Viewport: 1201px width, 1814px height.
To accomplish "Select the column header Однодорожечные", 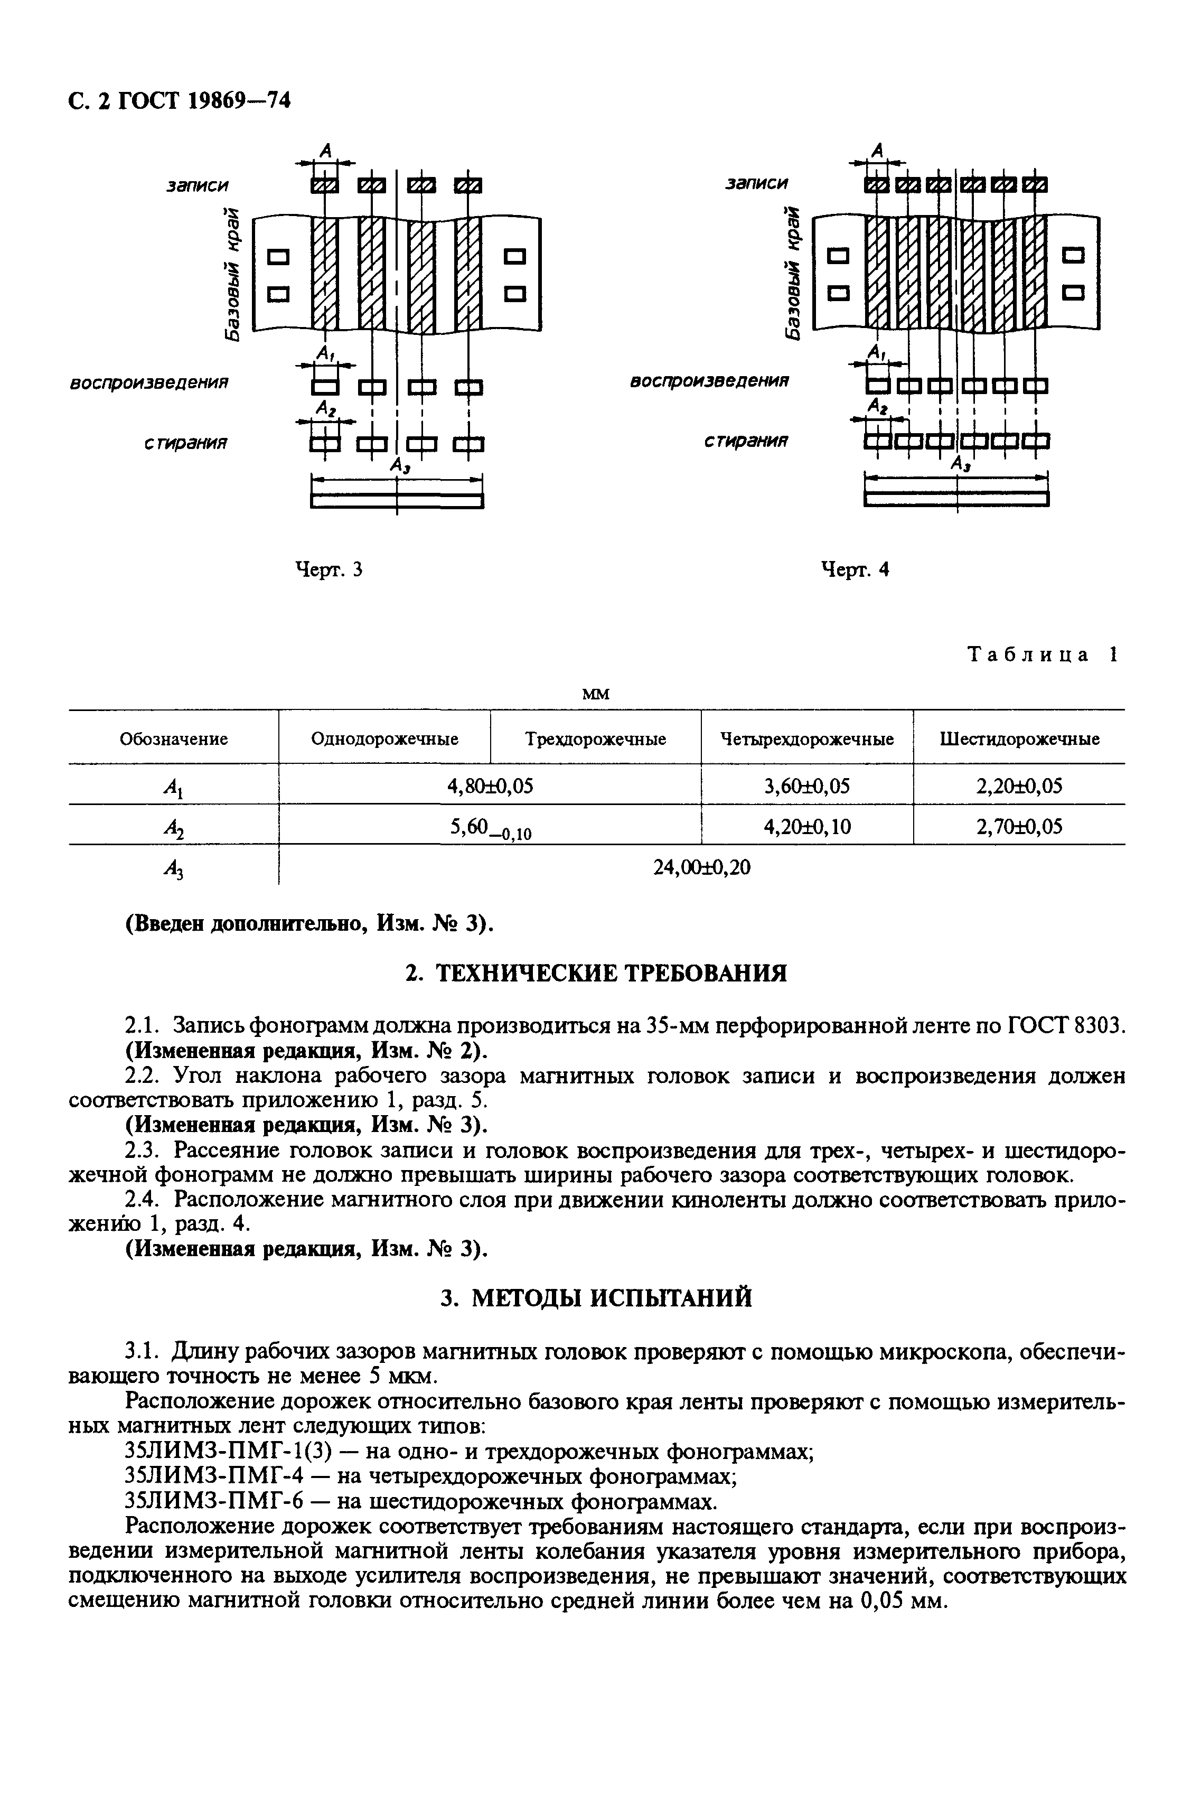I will click(x=384, y=739).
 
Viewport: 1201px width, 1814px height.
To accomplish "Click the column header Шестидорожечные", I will click(x=1019, y=739).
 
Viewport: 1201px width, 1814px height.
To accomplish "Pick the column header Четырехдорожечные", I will click(x=808, y=739).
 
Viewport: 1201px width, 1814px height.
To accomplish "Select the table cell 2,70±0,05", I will click(x=1019, y=826).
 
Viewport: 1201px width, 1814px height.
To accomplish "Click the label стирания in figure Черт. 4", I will click(x=747, y=441).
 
